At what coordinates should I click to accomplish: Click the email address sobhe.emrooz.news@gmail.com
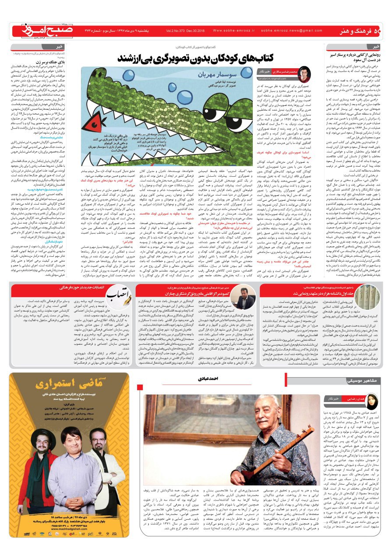coord(291,31)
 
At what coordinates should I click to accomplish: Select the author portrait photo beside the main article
coord(304,73)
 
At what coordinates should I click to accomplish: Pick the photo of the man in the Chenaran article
coord(243,297)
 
